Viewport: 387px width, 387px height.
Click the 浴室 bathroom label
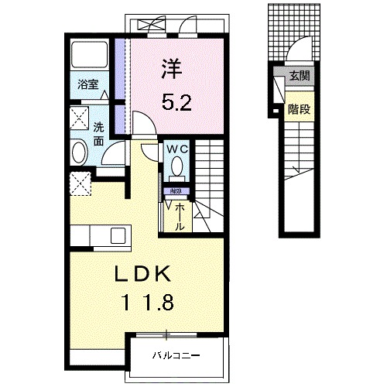(x=87, y=85)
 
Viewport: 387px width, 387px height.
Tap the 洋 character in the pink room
(x=170, y=68)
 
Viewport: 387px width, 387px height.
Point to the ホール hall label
(x=177, y=210)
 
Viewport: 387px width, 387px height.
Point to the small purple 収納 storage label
(x=175, y=190)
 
